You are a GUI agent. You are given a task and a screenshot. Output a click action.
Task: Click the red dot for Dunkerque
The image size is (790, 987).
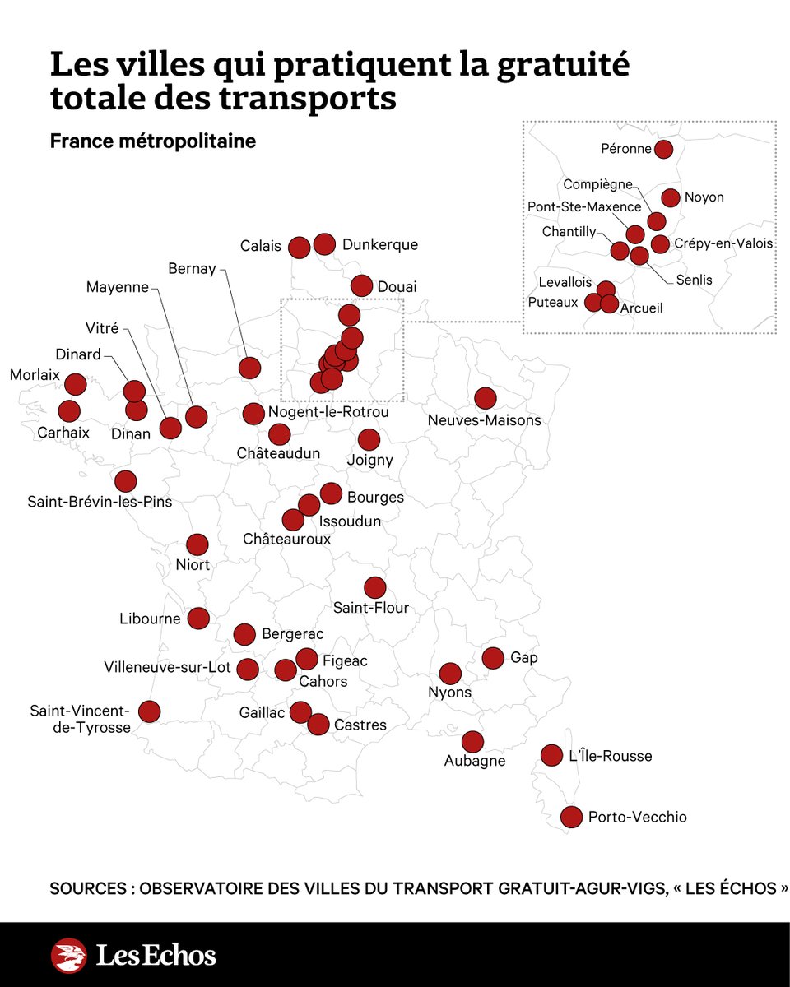point(324,243)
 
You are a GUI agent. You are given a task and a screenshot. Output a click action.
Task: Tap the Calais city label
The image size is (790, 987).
point(261,246)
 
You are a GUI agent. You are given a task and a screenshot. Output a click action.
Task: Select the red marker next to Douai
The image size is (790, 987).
point(361,285)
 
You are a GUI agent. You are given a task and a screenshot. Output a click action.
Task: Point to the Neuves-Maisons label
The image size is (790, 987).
point(485,420)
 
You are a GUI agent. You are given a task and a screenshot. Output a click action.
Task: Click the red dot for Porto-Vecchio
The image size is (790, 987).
point(571,817)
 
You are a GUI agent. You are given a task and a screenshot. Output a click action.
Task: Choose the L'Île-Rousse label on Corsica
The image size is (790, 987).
point(610,756)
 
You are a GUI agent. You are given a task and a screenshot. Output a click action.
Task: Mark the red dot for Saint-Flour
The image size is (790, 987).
point(374,586)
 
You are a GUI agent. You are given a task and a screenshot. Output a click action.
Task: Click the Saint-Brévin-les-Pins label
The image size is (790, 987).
point(100,500)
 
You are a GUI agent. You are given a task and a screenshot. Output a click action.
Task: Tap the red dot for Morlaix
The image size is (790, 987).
point(75,383)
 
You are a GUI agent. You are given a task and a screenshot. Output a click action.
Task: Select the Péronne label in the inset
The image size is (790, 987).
point(625,150)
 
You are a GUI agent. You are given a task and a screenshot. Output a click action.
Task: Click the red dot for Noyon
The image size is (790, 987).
point(671,197)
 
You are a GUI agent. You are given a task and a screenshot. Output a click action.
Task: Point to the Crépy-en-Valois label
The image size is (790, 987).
point(723,243)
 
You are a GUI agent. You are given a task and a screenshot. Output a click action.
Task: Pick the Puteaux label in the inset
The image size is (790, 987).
point(553,302)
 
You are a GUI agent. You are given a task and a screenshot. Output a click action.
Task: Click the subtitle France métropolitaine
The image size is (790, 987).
point(152,141)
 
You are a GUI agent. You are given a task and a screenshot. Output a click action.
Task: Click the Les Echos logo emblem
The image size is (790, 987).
point(69,956)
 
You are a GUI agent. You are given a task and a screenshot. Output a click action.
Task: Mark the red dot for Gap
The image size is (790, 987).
point(492,657)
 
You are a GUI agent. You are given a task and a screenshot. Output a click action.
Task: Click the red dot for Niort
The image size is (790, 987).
point(197,544)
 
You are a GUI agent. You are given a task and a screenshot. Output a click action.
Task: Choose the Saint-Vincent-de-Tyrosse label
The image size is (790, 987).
point(81,719)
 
